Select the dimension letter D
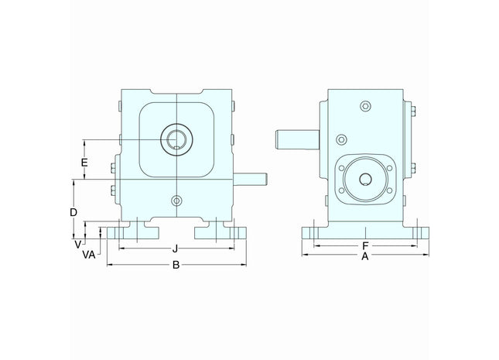tap(73, 211)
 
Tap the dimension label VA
tap(89, 253)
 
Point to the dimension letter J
tap(176, 249)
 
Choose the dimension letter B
tap(176, 265)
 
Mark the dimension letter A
tap(364, 258)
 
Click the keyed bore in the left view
tap(176, 139)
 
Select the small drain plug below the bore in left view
tap(177, 201)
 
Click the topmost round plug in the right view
tap(365, 106)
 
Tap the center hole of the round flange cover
tap(364, 180)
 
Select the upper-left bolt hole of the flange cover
tap(343, 165)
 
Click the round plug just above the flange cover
tap(340, 140)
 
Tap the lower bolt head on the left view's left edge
tap(116, 187)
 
